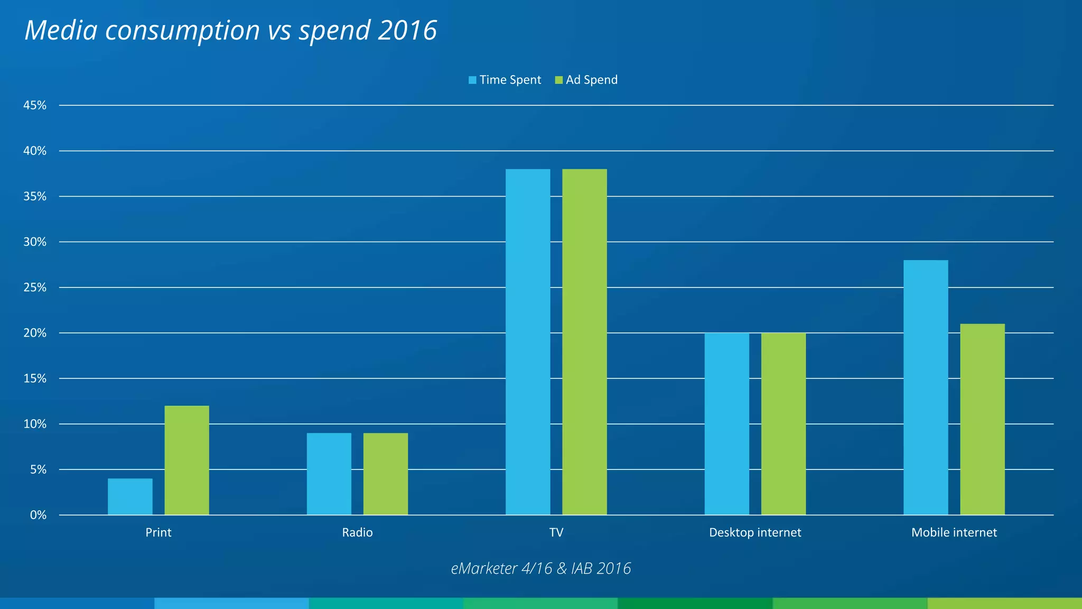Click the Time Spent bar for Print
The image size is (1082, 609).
coord(130,496)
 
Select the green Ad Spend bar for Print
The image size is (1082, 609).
coord(186,460)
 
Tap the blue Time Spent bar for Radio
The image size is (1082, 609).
coord(329,474)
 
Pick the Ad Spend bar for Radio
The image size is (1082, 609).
coord(385,474)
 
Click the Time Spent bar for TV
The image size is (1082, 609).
coord(528,342)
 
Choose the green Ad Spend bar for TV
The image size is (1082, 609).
coord(584,342)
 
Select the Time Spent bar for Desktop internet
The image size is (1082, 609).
coord(726,423)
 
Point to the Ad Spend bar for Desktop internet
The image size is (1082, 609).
coord(783,423)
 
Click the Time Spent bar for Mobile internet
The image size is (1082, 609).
coord(926,387)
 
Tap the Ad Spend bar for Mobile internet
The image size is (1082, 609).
coord(982,419)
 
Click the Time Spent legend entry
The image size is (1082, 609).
coord(505,80)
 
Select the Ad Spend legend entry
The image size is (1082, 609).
coord(586,80)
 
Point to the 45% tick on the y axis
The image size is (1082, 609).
coord(35,105)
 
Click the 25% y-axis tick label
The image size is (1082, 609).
coord(35,288)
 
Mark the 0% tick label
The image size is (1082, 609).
coord(38,515)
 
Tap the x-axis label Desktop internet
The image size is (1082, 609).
coord(755,532)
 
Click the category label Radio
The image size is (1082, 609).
coord(357,532)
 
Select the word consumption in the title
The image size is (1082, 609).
coord(182,31)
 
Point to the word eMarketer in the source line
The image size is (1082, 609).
coord(484,568)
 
